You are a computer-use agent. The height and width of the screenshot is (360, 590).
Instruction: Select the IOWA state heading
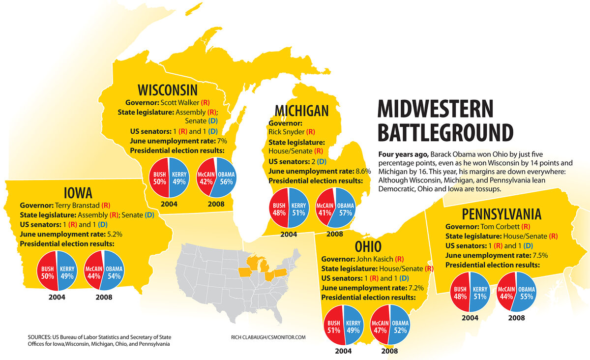pyautogui.click(x=78, y=192)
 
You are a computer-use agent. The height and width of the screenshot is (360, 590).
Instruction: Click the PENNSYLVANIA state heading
pyautogui.click(x=501, y=214)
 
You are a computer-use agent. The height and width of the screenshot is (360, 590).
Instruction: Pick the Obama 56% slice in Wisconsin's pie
pyautogui.click(x=227, y=178)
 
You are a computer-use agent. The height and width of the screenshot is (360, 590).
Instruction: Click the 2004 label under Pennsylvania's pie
pyautogui.click(x=469, y=318)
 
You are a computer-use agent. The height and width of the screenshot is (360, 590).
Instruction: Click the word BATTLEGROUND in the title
pyautogui.click(x=445, y=132)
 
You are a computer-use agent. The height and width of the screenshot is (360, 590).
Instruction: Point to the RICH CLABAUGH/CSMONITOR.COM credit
pyautogui.click(x=268, y=337)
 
